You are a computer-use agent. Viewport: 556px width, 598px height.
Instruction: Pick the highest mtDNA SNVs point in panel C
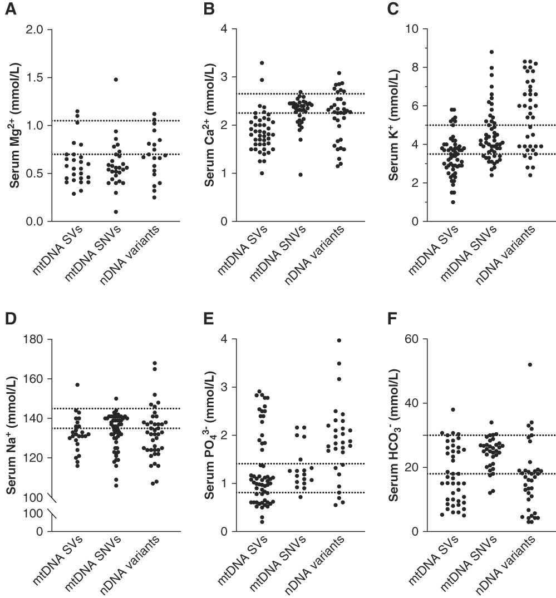pos(491,52)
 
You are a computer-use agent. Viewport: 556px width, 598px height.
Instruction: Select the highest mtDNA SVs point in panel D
pos(78,385)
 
